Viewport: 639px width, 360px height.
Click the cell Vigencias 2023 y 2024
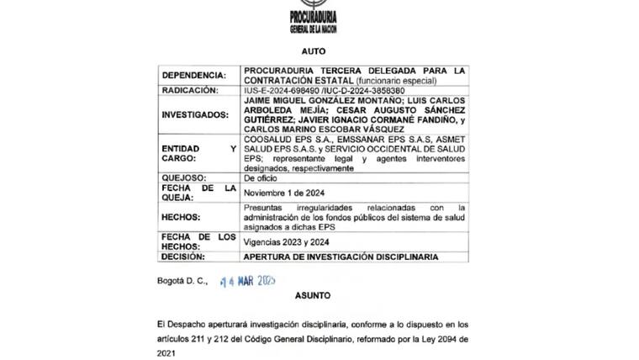(287, 240)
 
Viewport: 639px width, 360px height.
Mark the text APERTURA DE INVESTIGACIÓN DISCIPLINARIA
(341, 257)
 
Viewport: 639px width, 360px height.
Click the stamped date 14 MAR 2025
(248, 280)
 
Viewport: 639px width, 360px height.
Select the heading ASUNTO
(313, 296)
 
